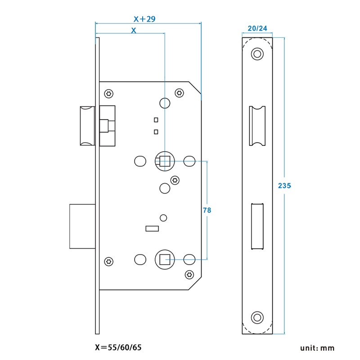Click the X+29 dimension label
coord(144,19)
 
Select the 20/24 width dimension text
coord(257,28)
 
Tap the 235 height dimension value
coord(285,185)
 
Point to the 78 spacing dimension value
coord(207,210)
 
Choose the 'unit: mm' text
coord(318,348)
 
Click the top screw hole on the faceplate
coord(257,54)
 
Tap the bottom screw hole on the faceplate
coord(257,317)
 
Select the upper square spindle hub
coord(164,161)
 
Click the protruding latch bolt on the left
coord(87,126)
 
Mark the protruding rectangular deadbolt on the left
coord(82,226)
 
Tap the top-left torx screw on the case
coord(108,94)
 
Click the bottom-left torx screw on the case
coord(108,262)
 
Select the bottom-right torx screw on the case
coord(189,274)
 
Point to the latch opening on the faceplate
coord(257,126)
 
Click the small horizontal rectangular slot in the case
coord(152,229)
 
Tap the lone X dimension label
coord(133,31)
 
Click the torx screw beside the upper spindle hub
coord(175,180)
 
